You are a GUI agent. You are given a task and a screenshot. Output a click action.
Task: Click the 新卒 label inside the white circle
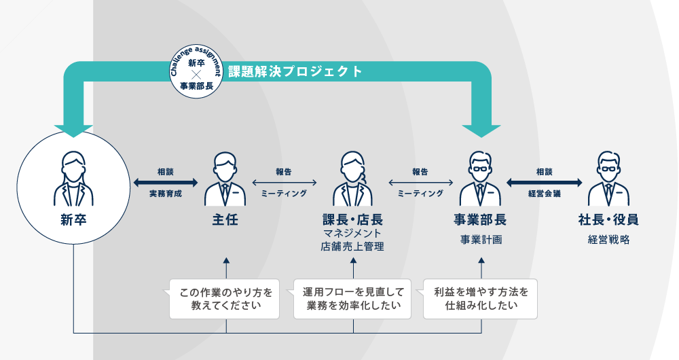point(73,220)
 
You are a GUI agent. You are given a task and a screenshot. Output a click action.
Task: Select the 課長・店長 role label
point(352,220)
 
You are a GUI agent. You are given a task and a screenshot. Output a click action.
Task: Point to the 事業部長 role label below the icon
point(480,220)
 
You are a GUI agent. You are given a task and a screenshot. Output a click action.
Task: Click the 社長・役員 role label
point(608,220)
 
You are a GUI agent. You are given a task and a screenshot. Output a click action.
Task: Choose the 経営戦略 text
point(608,239)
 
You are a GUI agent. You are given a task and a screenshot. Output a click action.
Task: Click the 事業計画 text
point(480,239)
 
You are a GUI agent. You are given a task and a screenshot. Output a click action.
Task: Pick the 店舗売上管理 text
point(352,247)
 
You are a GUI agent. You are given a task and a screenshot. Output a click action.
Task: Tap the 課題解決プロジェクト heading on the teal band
point(295,71)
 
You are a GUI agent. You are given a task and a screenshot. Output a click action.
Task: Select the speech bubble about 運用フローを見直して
point(353,299)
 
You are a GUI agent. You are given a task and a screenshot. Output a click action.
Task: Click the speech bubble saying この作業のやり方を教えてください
point(225,299)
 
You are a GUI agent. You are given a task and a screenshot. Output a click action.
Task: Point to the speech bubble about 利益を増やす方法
point(481,299)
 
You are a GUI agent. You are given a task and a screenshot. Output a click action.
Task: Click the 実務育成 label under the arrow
point(166,194)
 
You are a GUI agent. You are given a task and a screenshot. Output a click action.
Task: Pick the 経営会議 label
point(545,194)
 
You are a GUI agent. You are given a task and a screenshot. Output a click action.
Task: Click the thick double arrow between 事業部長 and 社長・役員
point(545,183)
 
